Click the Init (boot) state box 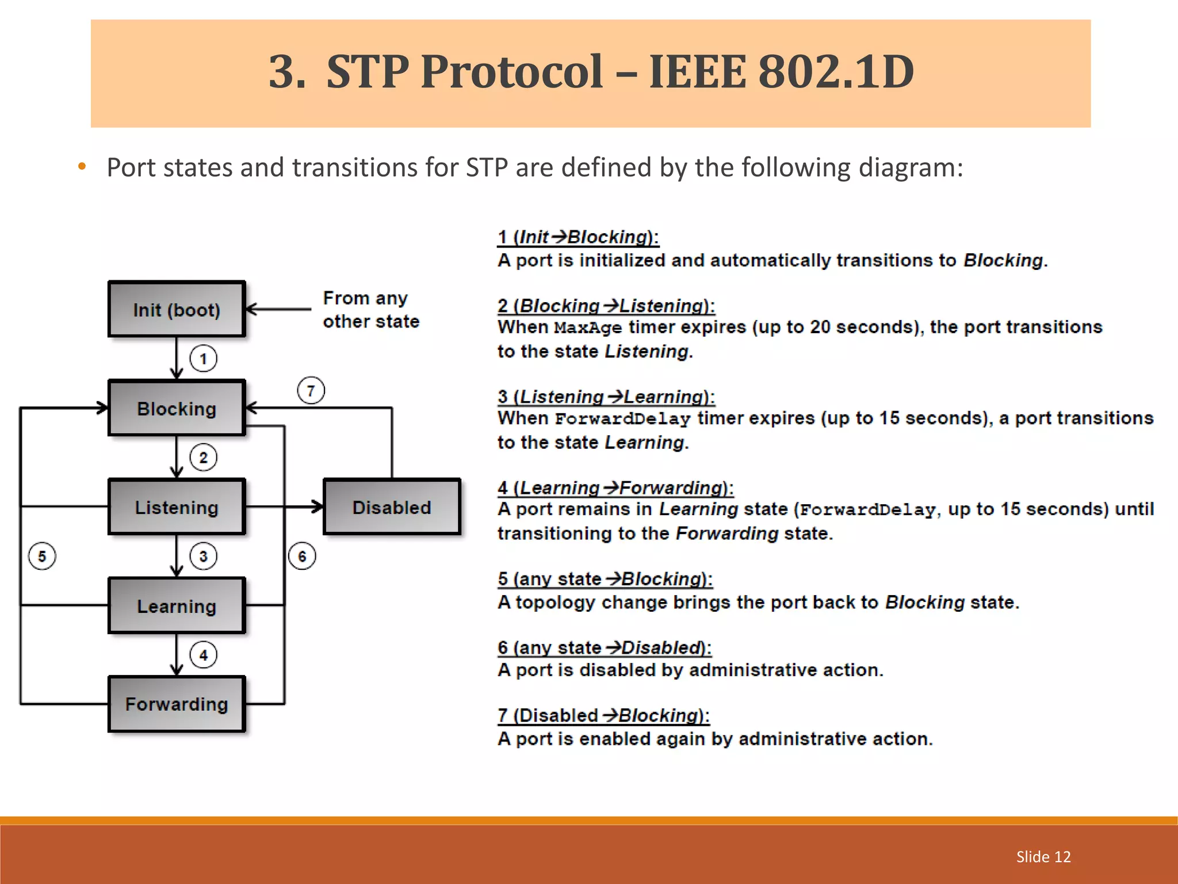coord(177,310)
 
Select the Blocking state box coord(177,408)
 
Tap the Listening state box coord(177,507)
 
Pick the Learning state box coord(177,605)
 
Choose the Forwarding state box coord(177,704)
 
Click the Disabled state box coord(392,507)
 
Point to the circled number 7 coord(311,391)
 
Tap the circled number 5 coord(42,556)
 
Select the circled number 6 coord(302,556)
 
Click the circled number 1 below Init coord(203,359)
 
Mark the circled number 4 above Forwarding coord(203,655)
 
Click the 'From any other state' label coord(370,310)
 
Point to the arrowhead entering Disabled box coord(318,507)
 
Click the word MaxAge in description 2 coord(588,327)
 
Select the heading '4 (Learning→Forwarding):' coord(615,488)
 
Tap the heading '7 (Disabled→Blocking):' coord(603,715)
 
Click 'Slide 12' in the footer coord(1043,856)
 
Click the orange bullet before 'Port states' coord(82,167)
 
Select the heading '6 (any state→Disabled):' coord(604,647)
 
